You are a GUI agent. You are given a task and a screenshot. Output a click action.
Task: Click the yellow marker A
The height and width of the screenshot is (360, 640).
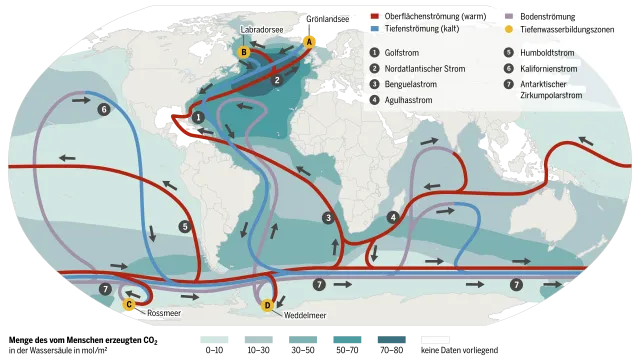pyautogui.click(x=309, y=42)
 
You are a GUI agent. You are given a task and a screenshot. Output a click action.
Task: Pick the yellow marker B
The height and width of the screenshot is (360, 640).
pyautogui.click(x=242, y=51)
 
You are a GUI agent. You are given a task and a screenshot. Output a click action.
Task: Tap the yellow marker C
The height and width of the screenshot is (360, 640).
pyautogui.click(x=128, y=304)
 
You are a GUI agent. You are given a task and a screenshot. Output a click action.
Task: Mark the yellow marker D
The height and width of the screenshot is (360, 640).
pyautogui.click(x=267, y=305)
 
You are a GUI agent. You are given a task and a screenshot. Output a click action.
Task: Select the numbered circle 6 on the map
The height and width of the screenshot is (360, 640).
pyautogui.click(x=104, y=109)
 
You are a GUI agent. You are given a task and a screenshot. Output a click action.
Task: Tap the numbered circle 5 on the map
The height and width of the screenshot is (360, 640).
pyautogui.click(x=185, y=227)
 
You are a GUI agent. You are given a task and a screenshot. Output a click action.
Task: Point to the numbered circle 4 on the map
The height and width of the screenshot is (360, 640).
pyautogui.click(x=394, y=217)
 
